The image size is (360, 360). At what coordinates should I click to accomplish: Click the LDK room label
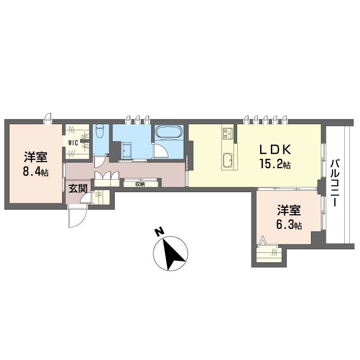275,149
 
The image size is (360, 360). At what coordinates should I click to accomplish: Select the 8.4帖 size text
36,171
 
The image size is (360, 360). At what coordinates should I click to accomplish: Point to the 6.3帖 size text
289,225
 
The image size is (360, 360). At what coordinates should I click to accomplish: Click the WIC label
73,143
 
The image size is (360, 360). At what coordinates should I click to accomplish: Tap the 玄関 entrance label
78,189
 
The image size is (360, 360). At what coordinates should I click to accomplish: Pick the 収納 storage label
140,184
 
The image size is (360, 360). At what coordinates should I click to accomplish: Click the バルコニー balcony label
335,183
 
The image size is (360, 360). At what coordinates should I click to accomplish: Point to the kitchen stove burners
228,133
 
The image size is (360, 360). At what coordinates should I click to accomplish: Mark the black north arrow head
174,254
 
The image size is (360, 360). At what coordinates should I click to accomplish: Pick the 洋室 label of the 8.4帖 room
36,157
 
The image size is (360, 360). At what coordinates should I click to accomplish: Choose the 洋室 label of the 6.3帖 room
289,210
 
